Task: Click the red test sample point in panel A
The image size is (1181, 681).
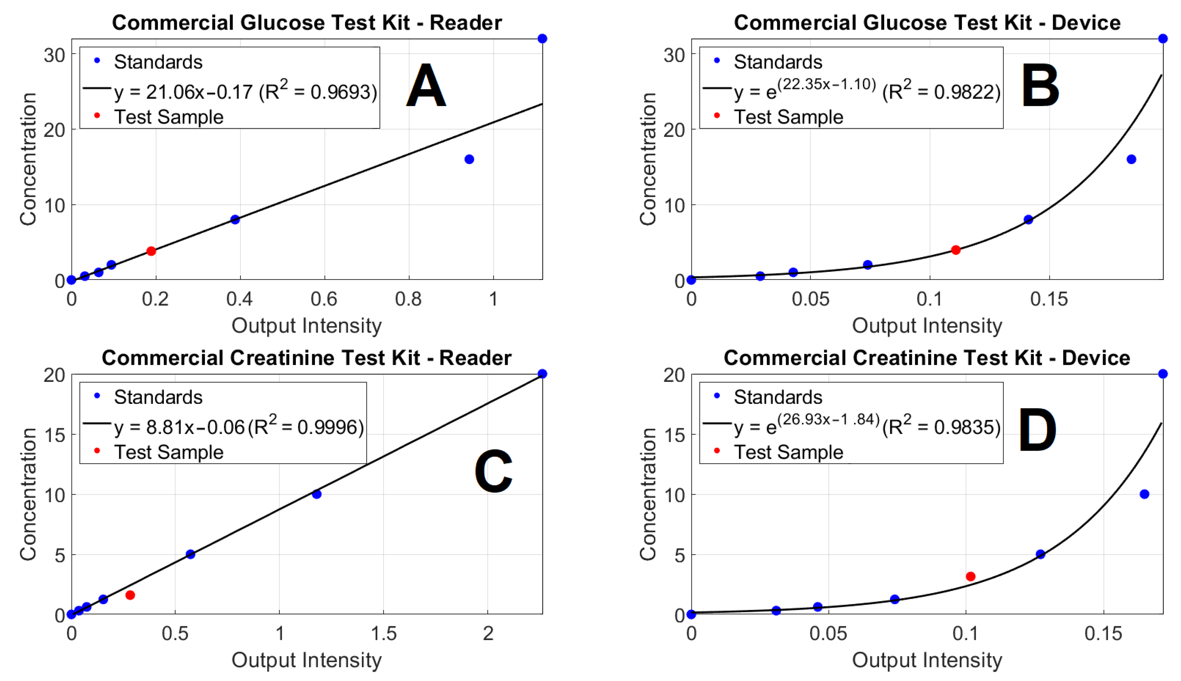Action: (x=151, y=251)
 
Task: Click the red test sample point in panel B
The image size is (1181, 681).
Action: (x=955, y=250)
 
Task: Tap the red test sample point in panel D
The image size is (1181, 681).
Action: (x=971, y=576)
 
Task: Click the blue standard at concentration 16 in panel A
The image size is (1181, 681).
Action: (x=469, y=159)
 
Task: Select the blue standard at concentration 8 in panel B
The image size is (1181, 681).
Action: (x=1028, y=219)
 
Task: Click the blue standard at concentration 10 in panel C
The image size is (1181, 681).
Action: (x=317, y=494)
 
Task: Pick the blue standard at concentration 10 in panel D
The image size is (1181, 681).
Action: (x=1144, y=494)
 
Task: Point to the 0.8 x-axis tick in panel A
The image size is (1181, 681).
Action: (x=408, y=298)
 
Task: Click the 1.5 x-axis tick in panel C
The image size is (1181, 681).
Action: (x=383, y=633)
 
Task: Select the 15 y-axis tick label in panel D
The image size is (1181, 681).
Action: (x=673, y=435)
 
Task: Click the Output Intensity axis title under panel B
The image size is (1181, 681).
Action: (x=927, y=326)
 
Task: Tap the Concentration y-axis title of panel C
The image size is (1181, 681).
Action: (x=28, y=494)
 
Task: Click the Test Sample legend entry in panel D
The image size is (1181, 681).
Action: (x=788, y=452)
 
